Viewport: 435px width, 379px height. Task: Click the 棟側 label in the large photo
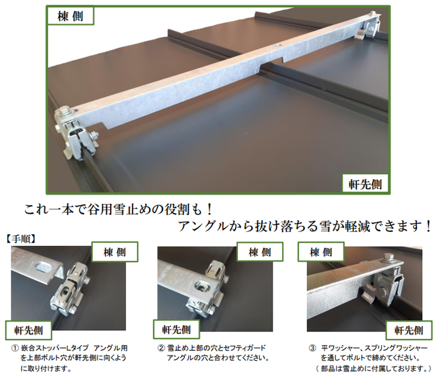click(70, 16)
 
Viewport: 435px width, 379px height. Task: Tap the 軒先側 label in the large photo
click(365, 184)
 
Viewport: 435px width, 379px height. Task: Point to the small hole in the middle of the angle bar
click(276, 44)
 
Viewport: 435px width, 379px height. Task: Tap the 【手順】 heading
click(21, 239)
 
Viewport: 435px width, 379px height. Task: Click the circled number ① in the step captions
click(14, 348)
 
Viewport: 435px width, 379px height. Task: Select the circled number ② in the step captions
click(161, 348)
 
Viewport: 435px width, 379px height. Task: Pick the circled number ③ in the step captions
click(312, 348)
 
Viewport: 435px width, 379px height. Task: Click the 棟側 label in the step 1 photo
click(115, 252)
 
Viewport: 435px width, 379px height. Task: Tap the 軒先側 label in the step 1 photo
click(29, 330)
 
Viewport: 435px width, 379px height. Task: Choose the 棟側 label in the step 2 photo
click(260, 252)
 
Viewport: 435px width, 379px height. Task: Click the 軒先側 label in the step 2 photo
click(176, 329)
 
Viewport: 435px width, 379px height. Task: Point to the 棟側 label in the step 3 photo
click(321, 252)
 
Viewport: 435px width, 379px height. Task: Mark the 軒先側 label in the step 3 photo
click(409, 330)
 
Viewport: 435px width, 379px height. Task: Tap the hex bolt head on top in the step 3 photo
click(388, 257)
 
